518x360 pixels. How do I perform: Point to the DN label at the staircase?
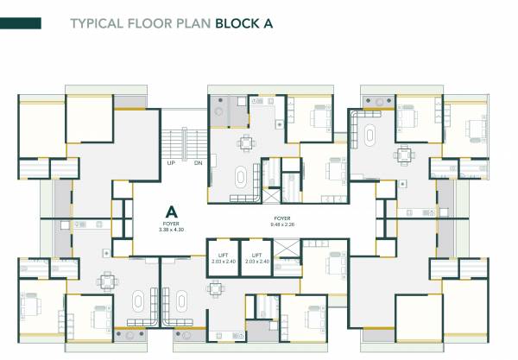(x=198, y=162)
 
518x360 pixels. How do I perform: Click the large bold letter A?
(x=172, y=212)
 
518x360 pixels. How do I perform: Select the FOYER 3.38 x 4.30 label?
(x=172, y=228)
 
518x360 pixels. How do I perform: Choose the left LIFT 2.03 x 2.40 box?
(x=223, y=258)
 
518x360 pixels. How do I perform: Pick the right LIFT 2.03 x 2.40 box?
(x=256, y=258)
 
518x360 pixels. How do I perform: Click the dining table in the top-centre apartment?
(x=246, y=143)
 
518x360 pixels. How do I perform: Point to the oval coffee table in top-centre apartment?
(x=239, y=178)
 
